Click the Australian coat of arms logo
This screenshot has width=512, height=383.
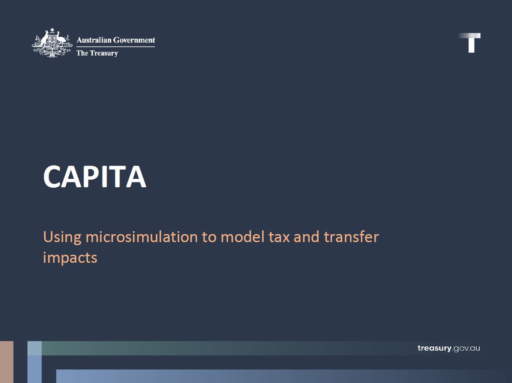[51, 43]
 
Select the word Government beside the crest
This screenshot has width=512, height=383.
[134, 40]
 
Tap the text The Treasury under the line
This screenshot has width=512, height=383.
[97, 53]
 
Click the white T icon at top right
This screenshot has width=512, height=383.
[471, 43]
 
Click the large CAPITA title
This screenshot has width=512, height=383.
[94, 177]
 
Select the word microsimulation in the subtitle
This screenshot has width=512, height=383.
[142, 237]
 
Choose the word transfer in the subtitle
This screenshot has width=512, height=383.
[351, 237]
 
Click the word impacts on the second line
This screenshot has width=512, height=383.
[70, 258]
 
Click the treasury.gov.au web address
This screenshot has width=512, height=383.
[448, 348]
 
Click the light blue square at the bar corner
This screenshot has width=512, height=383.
[35, 348]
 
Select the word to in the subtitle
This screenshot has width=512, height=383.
[209, 237]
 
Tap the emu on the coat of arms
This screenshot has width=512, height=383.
[61, 41]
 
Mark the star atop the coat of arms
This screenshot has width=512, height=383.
[52, 30]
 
